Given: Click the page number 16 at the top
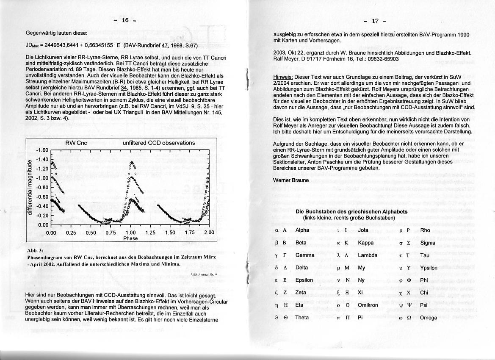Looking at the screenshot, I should tap(124, 20).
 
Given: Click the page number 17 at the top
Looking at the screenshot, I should tap(374, 21).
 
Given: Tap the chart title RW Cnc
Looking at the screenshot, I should tap(76, 143).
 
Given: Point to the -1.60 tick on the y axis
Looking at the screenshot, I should tap(42, 150).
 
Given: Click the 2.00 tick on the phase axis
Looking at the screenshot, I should tap(209, 233).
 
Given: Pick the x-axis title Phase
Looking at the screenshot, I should tap(130, 238).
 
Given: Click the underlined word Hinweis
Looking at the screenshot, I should tap(283, 77).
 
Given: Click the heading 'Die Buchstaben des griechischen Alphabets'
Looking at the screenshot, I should tap(351, 211).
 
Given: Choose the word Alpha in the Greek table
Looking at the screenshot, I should tap(302, 230).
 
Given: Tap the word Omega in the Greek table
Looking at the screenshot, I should tap(428, 318).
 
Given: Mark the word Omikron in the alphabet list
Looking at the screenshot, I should tap(368, 305).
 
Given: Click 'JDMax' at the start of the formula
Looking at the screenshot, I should tap(33, 45).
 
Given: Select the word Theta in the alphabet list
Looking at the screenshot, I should tap(302, 318).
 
